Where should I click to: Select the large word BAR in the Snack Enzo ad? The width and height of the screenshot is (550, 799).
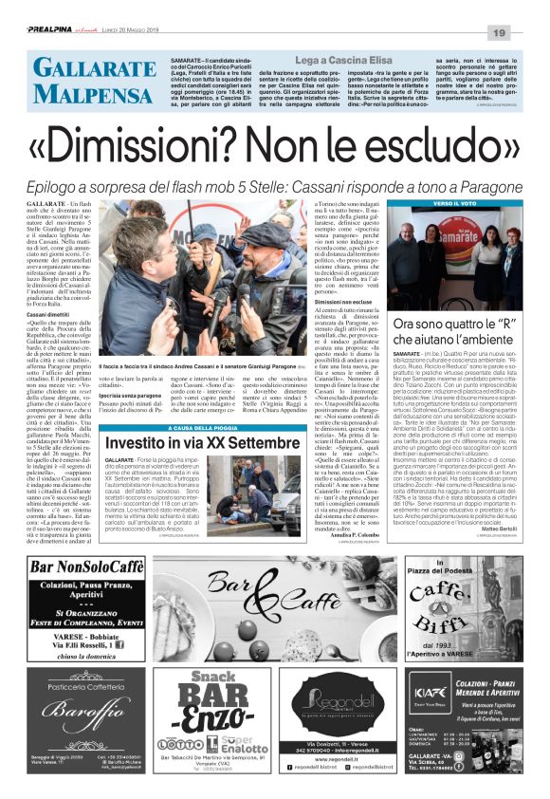click(214, 697)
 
